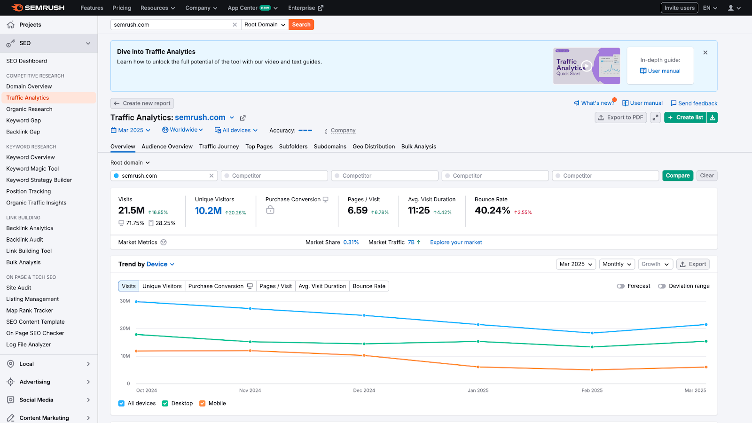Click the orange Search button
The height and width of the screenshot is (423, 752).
click(301, 24)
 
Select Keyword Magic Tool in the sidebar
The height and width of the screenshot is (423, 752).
click(32, 169)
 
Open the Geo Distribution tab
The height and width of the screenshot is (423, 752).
click(374, 147)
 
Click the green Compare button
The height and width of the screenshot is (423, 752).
click(677, 176)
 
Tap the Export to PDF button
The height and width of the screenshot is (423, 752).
click(620, 117)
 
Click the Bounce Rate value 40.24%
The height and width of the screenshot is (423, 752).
click(492, 211)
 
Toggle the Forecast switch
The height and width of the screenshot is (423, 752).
click(621, 286)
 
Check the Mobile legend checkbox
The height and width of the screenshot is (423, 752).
click(203, 403)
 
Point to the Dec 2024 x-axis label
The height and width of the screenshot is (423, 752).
click(364, 391)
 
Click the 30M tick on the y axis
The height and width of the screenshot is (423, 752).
click(125, 301)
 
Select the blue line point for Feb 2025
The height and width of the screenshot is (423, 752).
click(592, 333)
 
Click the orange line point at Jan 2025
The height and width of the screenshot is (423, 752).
click(478, 367)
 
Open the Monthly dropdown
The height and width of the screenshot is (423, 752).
click(617, 264)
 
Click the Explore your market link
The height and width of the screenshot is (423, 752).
click(456, 243)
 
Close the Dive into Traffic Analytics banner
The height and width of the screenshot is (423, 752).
click(705, 53)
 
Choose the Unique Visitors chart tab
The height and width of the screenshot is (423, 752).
click(162, 286)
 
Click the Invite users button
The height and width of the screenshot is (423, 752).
click(679, 8)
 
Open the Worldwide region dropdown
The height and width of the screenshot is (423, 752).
click(183, 130)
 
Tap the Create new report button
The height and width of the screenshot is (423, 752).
click(142, 103)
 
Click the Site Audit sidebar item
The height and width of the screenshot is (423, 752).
click(19, 288)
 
